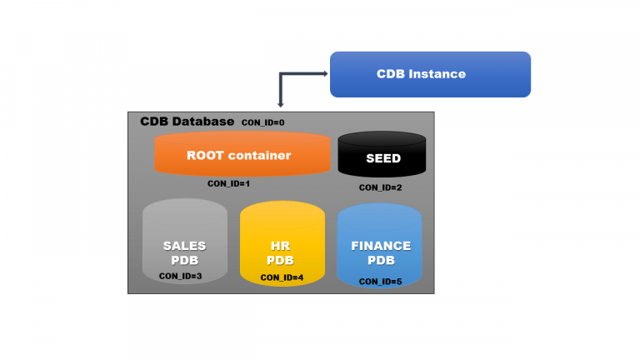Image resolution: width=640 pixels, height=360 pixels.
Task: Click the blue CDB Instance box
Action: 430,74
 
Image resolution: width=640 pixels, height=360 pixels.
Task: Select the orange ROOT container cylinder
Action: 242,155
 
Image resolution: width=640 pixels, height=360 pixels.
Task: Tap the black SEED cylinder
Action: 382,157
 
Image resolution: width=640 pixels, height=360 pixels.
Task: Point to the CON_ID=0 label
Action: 262,122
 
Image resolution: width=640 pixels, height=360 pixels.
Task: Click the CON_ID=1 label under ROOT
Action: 229,182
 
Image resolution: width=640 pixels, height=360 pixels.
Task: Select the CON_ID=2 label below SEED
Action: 381,187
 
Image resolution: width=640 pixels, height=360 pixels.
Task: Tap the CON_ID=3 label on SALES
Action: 181,276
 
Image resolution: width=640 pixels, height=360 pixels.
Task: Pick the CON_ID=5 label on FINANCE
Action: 380,282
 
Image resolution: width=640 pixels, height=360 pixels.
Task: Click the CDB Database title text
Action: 187,122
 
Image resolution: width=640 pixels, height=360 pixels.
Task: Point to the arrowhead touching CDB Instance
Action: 326,74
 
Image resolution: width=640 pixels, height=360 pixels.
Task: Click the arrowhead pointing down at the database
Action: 281,105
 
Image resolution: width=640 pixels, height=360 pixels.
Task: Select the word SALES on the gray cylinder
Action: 184,246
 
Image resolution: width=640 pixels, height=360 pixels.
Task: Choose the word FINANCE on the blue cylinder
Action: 381,246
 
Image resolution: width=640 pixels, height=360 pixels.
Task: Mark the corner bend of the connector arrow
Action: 282,74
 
